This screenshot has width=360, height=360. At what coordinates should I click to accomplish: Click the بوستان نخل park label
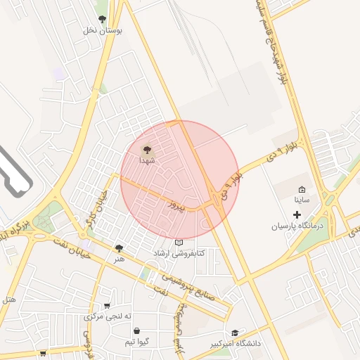(x=103, y=30)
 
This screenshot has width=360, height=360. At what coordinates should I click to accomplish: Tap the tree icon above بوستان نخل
(x=103, y=20)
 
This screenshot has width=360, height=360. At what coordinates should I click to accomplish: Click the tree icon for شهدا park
(x=147, y=149)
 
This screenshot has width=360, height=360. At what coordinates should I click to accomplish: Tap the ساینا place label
(x=302, y=200)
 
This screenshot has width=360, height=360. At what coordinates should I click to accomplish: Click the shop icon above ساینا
(x=302, y=189)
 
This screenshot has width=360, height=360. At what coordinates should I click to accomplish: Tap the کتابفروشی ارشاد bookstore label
(x=179, y=252)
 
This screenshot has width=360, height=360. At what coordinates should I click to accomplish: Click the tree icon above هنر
(x=119, y=247)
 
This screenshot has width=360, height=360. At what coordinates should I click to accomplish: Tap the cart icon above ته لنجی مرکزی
(x=107, y=306)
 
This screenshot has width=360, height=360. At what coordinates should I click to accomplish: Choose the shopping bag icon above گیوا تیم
(x=136, y=330)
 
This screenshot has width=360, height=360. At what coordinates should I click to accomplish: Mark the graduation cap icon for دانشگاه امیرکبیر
(x=235, y=333)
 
